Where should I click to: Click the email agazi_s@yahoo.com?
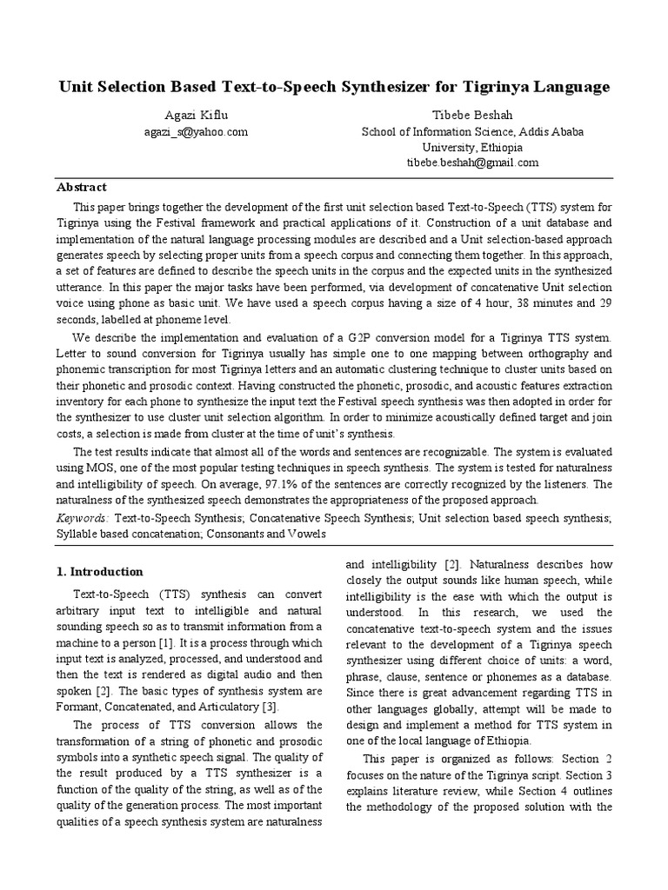coord(196,131)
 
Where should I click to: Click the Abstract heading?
coord(82,187)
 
